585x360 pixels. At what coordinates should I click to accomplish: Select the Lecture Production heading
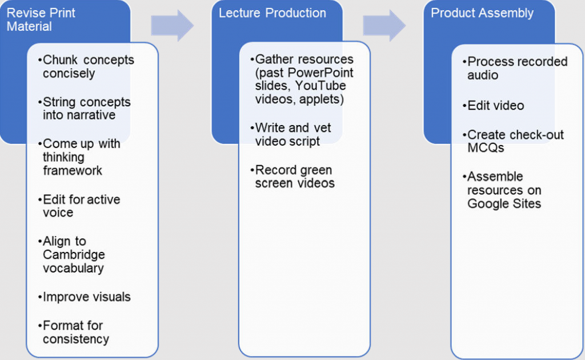272,13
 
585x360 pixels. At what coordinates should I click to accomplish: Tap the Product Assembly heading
482,13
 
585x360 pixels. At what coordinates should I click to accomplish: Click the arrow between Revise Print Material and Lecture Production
172,25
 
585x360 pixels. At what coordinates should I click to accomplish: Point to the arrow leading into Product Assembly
384,25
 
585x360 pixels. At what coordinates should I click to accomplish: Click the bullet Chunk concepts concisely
87,66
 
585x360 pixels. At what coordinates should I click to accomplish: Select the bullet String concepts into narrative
86,109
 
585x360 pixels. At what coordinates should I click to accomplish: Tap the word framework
73,171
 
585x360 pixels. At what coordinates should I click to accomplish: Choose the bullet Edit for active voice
81,206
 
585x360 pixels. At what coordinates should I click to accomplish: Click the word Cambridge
74,255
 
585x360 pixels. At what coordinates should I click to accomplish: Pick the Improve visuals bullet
86,297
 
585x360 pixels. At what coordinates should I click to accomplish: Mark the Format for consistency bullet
75,332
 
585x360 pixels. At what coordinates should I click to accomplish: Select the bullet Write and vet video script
292,135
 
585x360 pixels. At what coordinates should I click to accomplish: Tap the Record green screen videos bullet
294,177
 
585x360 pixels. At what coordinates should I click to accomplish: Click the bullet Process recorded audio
516,69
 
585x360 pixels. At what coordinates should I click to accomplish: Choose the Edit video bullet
495,106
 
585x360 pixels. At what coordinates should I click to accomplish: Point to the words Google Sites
504,204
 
